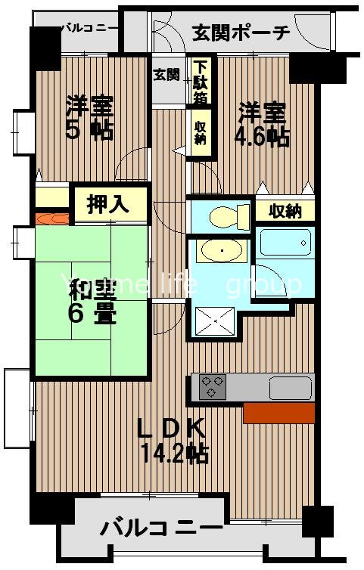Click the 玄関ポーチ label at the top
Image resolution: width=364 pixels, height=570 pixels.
pos(241,33)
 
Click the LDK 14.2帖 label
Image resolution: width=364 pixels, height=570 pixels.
pos(173,440)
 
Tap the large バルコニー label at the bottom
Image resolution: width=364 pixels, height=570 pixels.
pos(162,527)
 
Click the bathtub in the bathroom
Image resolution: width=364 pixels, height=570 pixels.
pos(285,243)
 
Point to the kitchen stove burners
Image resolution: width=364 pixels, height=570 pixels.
pos(213,387)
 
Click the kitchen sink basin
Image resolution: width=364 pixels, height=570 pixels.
pos(289,387)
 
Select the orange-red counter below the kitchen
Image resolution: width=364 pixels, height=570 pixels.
pos(278,413)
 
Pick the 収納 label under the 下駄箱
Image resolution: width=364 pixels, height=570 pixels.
pos(201,134)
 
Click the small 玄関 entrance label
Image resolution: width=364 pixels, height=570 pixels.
pos(166,75)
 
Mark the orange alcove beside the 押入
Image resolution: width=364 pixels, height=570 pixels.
pos(52,219)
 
